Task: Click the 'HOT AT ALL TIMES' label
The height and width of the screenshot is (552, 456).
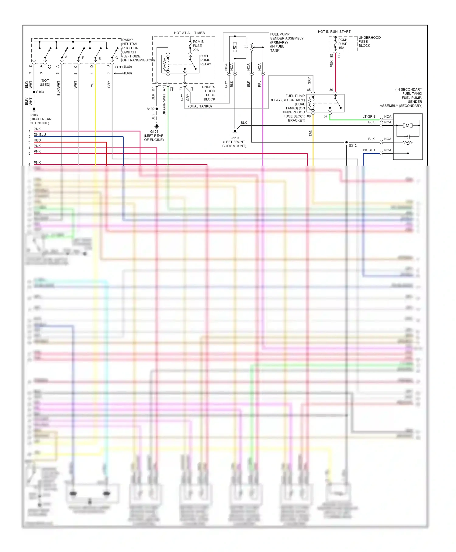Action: [189, 33]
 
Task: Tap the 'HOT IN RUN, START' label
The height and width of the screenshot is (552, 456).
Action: [334, 32]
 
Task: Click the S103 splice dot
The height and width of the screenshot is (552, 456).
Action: [34, 92]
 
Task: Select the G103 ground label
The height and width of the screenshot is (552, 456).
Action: [34, 115]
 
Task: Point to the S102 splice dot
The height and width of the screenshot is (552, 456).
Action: [157, 109]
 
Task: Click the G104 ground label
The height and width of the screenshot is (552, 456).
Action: [154, 132]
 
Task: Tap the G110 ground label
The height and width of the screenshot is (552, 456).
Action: [234, 138]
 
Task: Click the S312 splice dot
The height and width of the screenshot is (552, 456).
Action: [347, 142]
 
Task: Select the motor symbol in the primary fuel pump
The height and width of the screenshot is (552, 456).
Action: [235, 47]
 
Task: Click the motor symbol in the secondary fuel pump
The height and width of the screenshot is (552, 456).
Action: [407, 125]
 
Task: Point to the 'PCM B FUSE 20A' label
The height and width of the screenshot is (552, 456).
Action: [198, 46]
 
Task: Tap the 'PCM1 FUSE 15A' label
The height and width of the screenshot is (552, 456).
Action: [343, 44]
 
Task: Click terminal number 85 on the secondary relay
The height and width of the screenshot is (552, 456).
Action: [309, 90]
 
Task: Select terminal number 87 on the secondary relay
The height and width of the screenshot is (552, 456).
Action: [326, 116]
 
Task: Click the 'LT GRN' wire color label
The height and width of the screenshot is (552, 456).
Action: [368, 117]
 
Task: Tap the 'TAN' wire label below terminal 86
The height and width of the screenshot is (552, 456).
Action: [310, 133]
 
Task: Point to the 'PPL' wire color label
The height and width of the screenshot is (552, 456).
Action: [260, 84]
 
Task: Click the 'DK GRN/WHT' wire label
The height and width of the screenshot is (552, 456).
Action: [164, 104]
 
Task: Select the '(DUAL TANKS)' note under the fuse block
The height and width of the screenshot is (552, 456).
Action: [200, 106]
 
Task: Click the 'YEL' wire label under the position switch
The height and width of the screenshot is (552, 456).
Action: [92, 84]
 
